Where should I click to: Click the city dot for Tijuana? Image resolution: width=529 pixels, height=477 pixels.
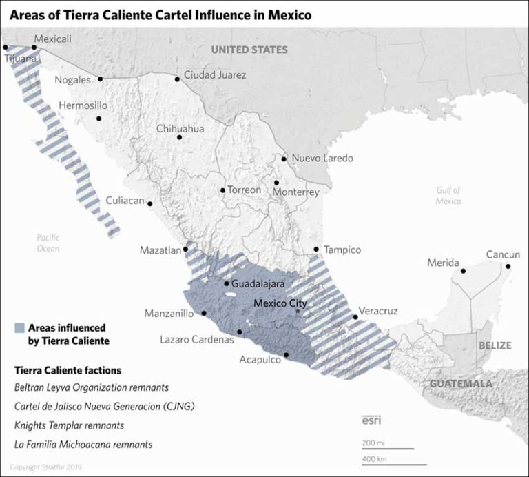(x=6, y=48)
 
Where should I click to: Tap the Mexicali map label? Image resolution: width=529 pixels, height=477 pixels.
(x=52, y=39)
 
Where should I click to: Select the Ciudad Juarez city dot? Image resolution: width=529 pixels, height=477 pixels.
(x=177, y=79)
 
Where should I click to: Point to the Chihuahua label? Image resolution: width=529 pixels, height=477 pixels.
(x=180, y=128)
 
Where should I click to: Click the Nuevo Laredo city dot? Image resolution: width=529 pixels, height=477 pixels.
(x=284, y=159)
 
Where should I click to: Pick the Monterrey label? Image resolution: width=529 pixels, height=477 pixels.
(x=296, y=192)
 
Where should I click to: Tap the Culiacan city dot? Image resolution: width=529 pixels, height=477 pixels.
(x=150, y=203)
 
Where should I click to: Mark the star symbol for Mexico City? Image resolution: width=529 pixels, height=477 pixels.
(x=298, y=312)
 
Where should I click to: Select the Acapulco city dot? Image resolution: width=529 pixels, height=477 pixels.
(x=287, y=356)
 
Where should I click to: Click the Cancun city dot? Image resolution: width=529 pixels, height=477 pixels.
(x=508, y=266)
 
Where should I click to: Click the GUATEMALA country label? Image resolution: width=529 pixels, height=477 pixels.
(x=461, y=383)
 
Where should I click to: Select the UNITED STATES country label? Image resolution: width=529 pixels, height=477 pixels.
(x=249, y=50)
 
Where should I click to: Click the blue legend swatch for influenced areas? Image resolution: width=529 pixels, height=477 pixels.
(x=19, y=328)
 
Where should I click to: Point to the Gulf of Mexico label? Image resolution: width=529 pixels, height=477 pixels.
(x=448, y=195)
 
